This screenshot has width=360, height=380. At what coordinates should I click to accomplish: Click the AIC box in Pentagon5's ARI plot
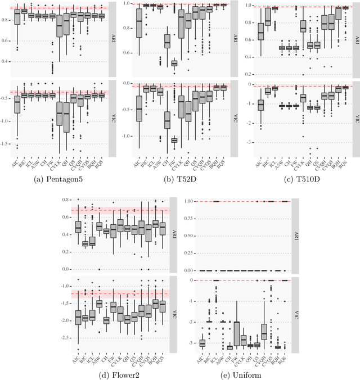click(17, 17)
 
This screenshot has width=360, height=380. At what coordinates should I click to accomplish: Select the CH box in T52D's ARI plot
click(151, 42)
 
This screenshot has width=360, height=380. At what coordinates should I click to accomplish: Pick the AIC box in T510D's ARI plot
click(260, 32)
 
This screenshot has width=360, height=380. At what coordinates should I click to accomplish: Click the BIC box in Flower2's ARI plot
click(85, 243)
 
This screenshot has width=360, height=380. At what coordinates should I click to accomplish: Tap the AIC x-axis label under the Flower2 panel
click(78, 354)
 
